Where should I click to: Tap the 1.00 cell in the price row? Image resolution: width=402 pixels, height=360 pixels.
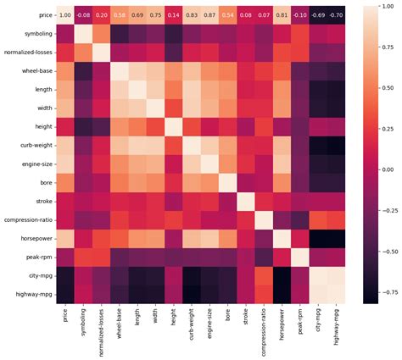coord(64,15)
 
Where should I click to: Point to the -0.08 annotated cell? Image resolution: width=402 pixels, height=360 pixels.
coord(82,15)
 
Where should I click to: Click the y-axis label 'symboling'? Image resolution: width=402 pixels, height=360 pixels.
coord(33,34)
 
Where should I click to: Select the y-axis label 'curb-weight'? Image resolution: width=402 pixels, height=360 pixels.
coord(31,146)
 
